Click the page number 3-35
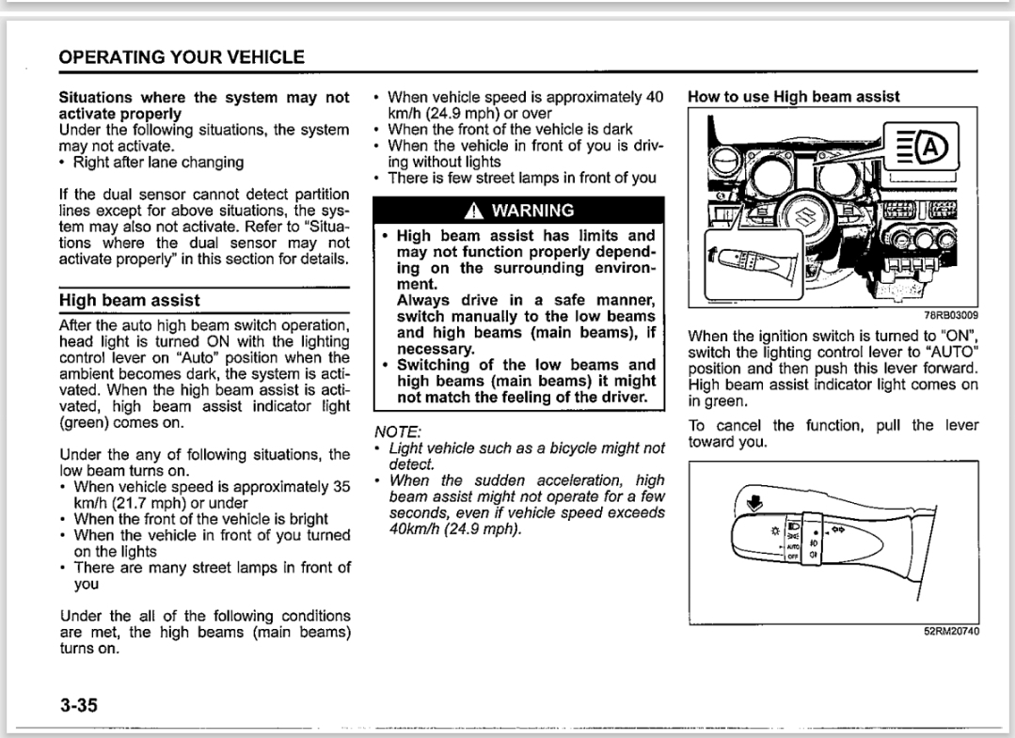pos(81,705)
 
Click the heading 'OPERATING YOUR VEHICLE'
pos(182,57)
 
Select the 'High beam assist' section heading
pos(130,300)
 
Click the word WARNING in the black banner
pos(532,210)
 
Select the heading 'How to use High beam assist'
pos(794,96)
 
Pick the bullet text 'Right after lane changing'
pos(158,162)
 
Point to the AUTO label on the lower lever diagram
pos(791,544)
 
